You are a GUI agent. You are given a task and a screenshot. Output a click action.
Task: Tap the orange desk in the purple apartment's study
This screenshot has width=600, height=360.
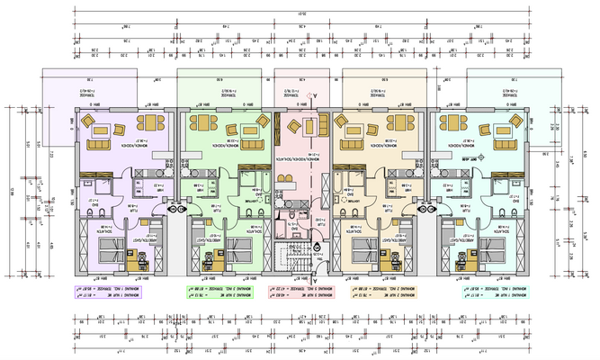(140, 264)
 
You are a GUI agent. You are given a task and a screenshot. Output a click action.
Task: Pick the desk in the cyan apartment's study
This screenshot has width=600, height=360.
(465, 264)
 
